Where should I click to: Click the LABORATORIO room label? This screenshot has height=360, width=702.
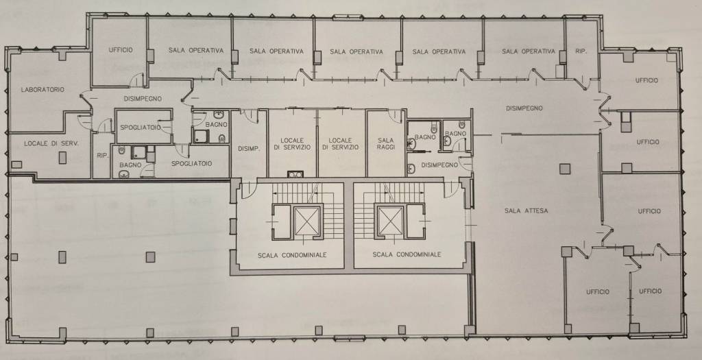point(43,90)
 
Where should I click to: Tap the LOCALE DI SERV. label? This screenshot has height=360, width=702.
point(51,144)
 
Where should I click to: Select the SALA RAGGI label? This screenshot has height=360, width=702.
point(385,143)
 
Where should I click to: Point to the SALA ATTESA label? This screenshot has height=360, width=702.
point(526,211)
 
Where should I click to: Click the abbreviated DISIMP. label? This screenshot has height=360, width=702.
point(249,149)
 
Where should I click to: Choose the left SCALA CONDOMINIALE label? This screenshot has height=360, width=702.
point(292,255)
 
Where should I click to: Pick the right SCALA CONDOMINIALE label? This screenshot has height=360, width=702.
point(407,254)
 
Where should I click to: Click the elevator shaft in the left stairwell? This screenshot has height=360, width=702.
point(308,221)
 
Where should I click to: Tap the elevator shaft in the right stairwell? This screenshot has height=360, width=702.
point(390,221)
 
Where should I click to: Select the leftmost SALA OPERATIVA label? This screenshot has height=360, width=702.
point(195,51)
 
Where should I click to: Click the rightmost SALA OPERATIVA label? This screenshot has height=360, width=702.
point(529,51)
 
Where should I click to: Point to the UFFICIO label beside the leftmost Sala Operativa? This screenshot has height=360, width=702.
point(121,50)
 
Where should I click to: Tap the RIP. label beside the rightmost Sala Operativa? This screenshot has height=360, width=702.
point(581,51)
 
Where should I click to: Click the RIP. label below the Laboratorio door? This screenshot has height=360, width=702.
point(103,156)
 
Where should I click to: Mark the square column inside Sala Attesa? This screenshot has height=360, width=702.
point(565,169)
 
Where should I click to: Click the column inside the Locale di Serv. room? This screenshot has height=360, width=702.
point(62,157)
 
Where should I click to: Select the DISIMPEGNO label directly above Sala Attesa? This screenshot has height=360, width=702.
point(524,108)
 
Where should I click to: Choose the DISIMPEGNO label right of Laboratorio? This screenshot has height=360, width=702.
point(143,99)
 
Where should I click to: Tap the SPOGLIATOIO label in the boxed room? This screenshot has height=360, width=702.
point(141,128)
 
